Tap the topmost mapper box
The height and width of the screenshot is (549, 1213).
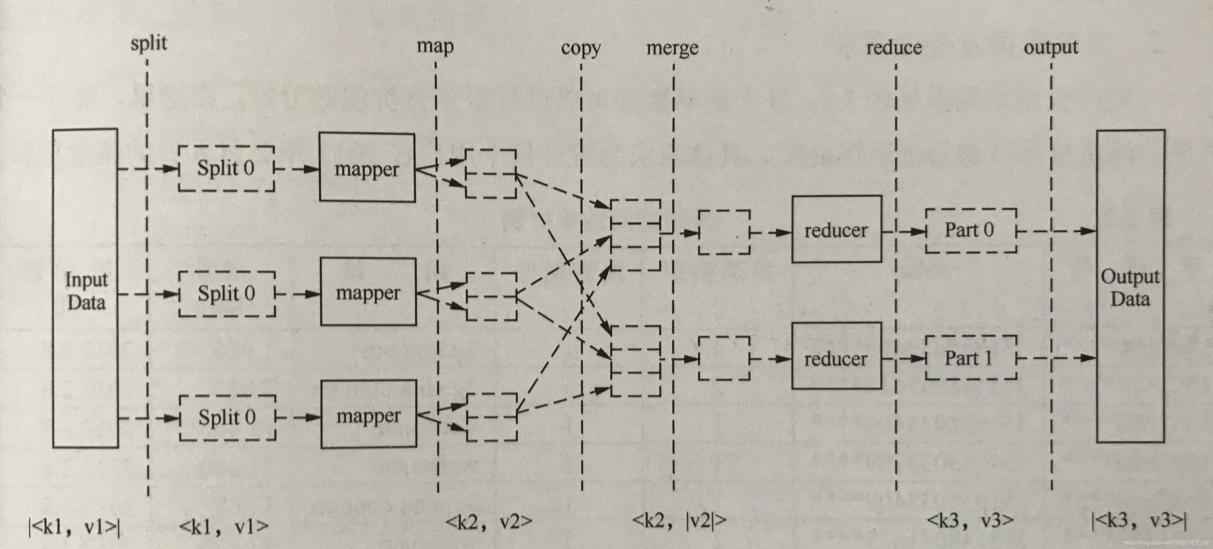[367, 168]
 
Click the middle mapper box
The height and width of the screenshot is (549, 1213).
[368, 292]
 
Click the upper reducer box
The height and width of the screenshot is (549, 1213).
[836, 229]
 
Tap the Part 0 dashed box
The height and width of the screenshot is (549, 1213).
[971, 230]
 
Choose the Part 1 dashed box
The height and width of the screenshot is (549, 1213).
[971, 358]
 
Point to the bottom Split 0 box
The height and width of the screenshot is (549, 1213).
[227, 418]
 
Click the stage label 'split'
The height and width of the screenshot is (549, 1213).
[149, 43]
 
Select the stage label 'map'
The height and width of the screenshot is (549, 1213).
[435, 46]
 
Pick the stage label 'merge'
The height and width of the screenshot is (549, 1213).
[672, 48]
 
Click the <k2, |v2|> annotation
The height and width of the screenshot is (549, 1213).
[679, 520]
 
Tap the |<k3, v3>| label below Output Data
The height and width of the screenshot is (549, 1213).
[1138, 521]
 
